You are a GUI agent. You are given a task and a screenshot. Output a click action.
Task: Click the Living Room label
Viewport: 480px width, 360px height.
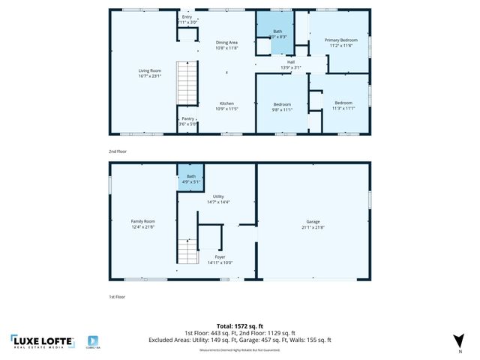(150, 73)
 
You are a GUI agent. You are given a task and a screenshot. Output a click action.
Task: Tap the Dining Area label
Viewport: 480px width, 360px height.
(226, 46)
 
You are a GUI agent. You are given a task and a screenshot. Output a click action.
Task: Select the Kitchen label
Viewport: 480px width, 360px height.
(226, 106)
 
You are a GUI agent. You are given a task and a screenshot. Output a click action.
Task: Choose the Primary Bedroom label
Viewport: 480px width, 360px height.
(340, 43)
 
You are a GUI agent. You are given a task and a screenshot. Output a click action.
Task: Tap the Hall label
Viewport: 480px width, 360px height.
(290, 65)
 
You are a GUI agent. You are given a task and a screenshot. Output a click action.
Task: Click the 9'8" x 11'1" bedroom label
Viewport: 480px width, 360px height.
(282, 106)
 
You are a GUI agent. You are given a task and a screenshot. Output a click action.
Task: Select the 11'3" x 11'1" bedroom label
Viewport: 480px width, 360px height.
(343, 105)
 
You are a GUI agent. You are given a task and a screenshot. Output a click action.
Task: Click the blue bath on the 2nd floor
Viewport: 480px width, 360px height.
(277, 34)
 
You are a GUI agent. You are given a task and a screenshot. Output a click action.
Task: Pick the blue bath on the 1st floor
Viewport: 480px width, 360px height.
(190, 178)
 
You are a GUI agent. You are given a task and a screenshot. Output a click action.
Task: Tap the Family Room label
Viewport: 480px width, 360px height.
(142, 223)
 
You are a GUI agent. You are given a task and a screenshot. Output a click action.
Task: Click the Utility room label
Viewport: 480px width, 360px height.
(218, 199)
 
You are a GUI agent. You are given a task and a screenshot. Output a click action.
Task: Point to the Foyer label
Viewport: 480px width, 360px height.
(220, 259)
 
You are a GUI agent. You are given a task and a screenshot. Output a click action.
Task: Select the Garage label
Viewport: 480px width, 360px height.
(313, 223)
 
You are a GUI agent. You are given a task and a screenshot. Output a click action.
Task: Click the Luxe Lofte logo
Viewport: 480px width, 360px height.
(43, 341)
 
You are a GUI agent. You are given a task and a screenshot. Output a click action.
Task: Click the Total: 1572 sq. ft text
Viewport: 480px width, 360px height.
(240, 326)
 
